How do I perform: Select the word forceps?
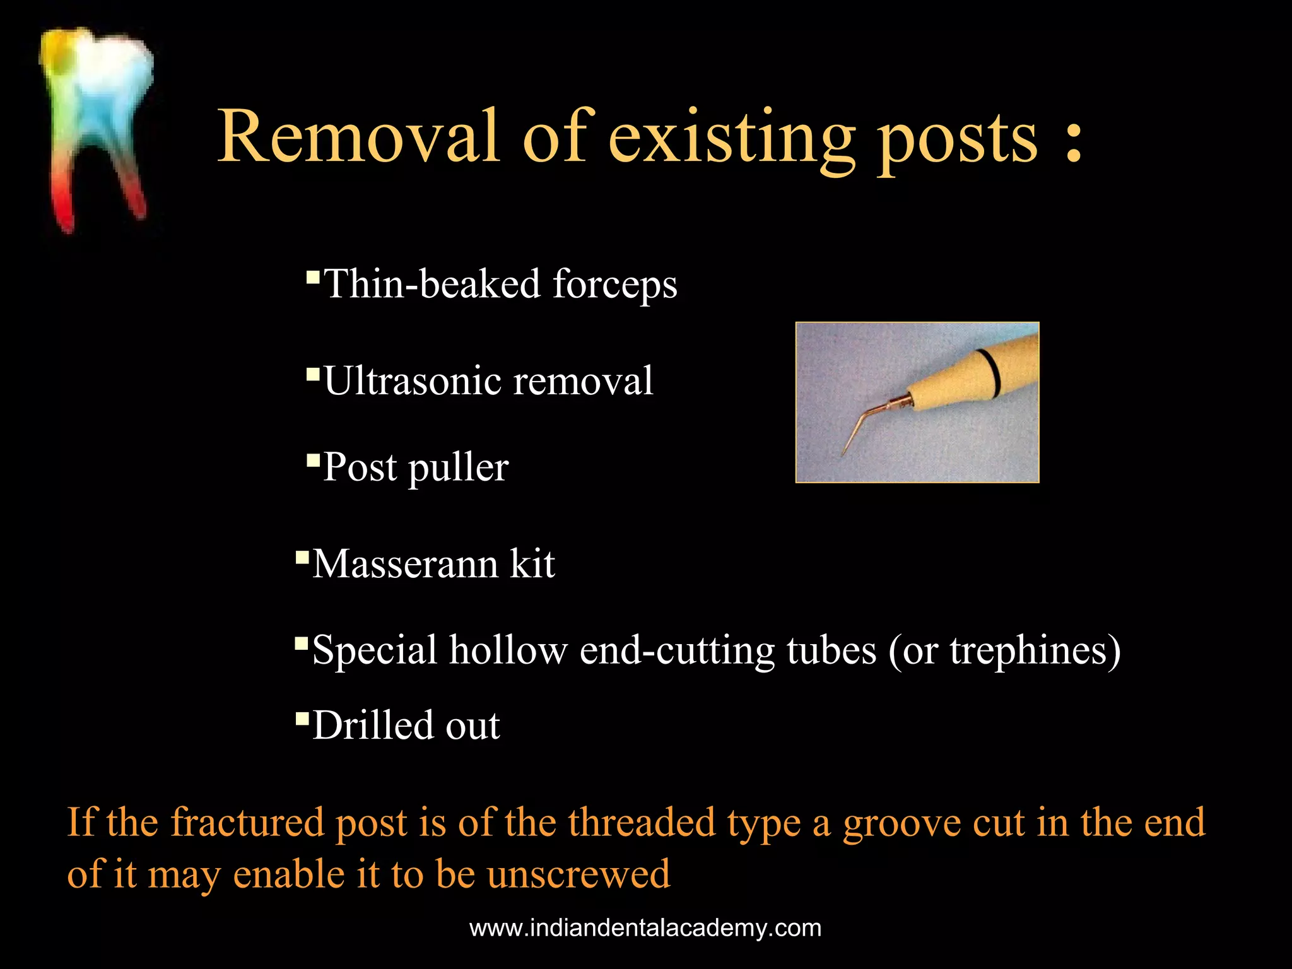(x=615, y=285)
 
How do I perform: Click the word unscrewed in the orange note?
(x=578, y=874)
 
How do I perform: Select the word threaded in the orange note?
(x=642, y=823)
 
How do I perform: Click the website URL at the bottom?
(x=645, y=929)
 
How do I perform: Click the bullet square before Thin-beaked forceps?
(x=312, y=277)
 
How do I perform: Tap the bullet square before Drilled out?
(x=302, y=718)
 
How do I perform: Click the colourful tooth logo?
(x=96, y=126)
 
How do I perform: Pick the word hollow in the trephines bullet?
(x=508, y=650)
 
